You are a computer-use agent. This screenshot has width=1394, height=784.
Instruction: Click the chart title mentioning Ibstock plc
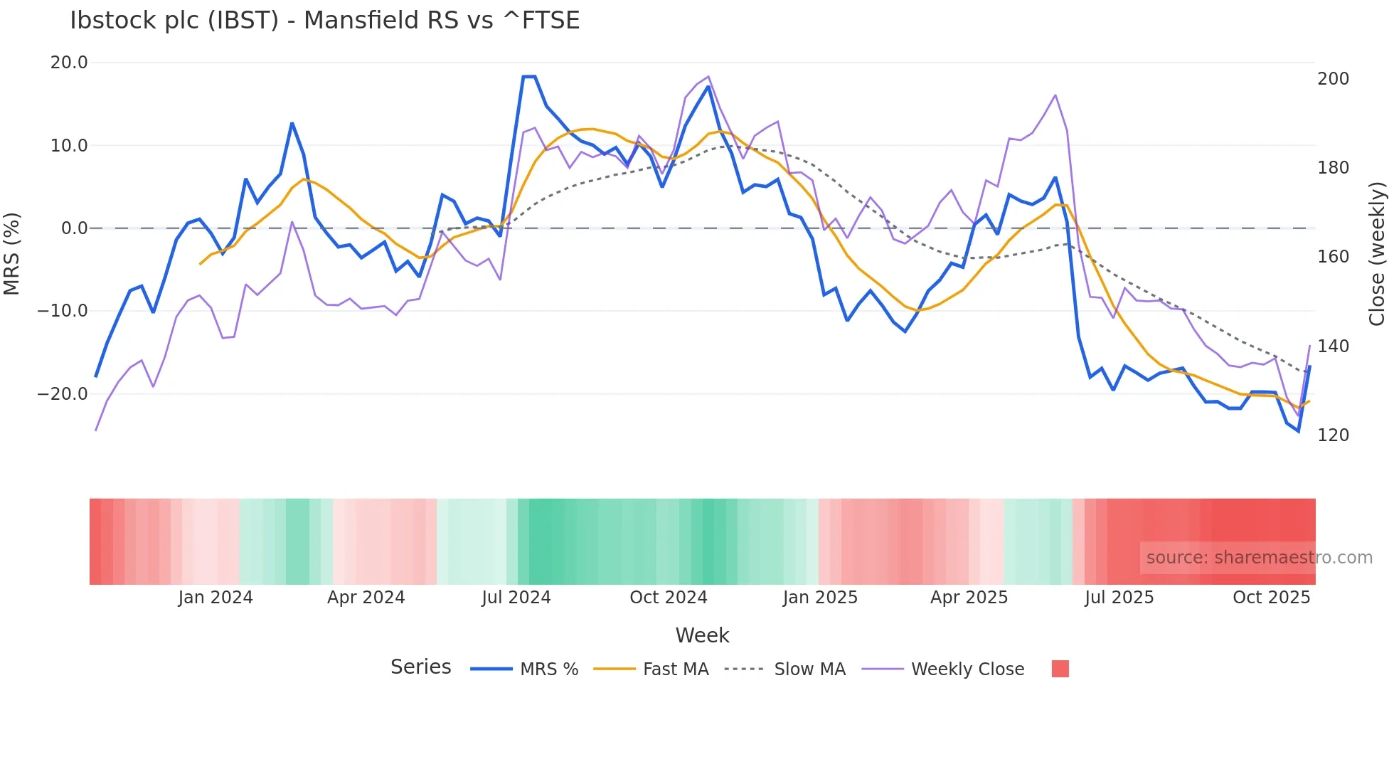324,20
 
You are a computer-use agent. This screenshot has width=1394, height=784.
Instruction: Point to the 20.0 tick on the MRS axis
69,63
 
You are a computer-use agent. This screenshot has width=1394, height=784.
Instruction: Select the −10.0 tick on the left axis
63,311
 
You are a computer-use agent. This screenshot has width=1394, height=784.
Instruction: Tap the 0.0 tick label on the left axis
74,228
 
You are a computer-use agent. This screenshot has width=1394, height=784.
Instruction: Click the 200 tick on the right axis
1333,79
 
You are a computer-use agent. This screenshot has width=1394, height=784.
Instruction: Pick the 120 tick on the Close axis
1333,435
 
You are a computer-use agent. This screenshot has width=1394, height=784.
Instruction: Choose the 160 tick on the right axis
1333,257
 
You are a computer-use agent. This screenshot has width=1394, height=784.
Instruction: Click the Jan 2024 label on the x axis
216,598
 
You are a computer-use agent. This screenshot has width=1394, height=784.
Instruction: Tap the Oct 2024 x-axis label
669,598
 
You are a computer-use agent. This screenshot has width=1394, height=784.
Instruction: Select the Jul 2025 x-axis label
1119,598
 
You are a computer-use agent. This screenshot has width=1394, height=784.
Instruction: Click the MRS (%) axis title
12,253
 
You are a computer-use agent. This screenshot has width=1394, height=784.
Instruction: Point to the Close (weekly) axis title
1378,254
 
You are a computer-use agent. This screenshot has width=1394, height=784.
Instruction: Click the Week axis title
702,635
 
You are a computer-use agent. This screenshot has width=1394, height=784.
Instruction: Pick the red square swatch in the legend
1060,669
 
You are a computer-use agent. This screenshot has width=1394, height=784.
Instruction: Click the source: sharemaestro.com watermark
1259,558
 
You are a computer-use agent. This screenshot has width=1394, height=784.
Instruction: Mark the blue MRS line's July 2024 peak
529,76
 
